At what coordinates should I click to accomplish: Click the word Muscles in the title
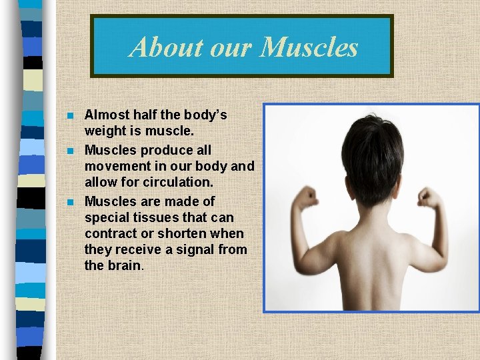click(310, 47)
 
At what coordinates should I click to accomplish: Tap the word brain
click(125, 265)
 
